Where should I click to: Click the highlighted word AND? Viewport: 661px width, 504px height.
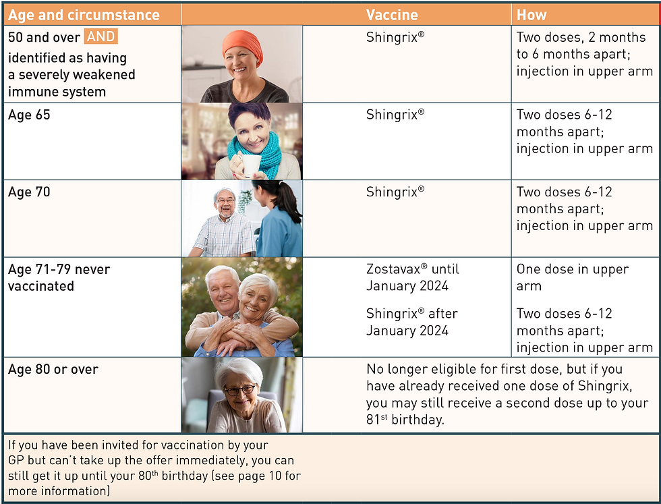point(101,38)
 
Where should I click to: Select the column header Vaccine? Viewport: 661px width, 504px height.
point(392,15)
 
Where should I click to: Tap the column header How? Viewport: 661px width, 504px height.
point(531,15)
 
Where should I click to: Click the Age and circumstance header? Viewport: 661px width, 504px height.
point(84,15)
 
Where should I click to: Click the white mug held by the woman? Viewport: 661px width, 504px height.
point(251,165)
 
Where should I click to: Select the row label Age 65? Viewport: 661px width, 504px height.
point(29,115)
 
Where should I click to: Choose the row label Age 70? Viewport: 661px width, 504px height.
point(29,192)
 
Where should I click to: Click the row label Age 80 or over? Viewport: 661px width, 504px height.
point(53,369)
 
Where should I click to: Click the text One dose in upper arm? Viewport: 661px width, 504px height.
point(572,277)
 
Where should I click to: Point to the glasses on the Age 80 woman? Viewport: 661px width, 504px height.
point(240,390)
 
